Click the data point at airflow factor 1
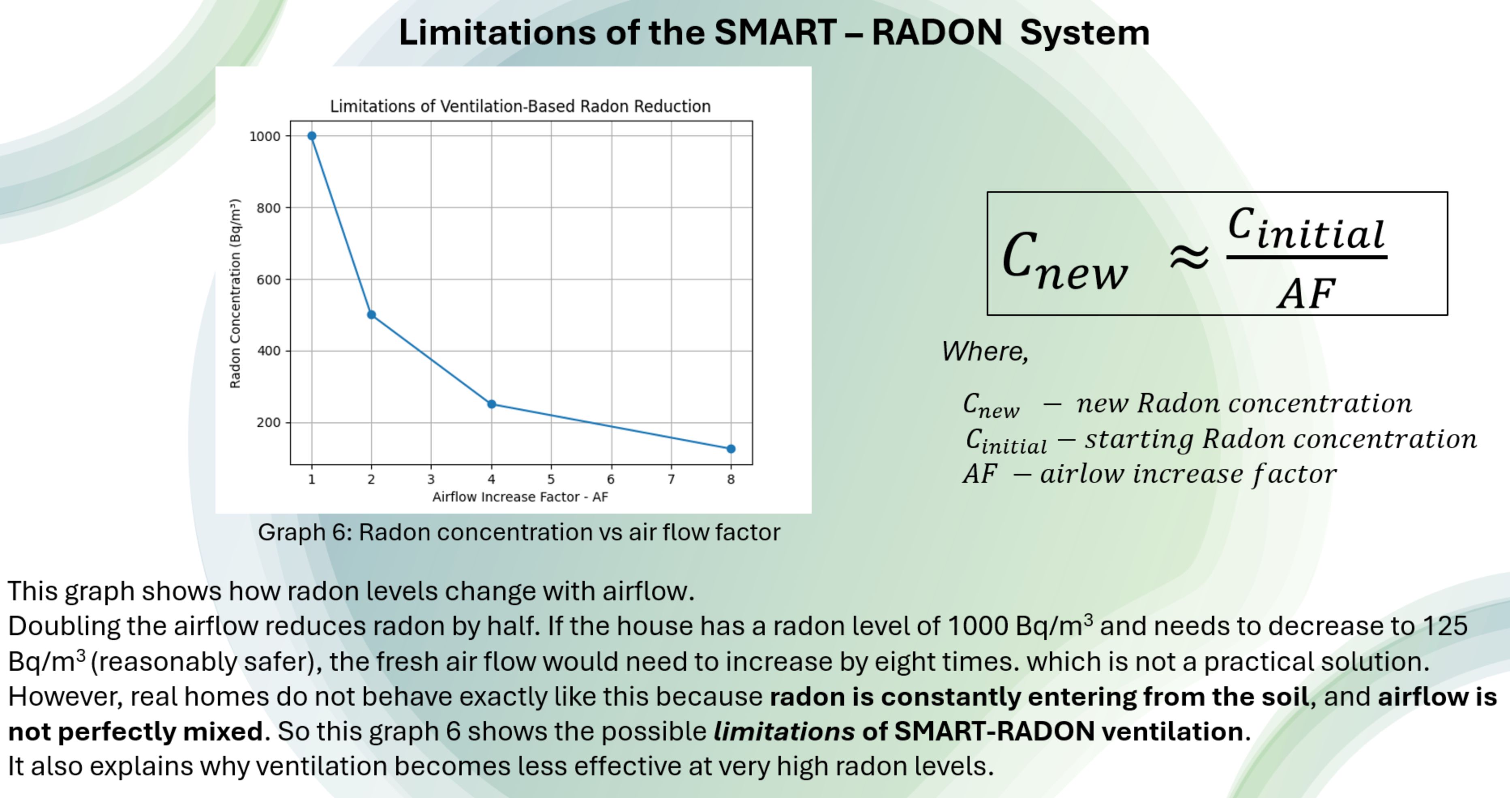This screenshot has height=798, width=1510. pyautogui.click(x=312, y=136)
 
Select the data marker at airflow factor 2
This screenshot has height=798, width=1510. pyautogui.click(x=371, y=315)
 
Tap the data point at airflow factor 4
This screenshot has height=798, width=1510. pyautogui.click(x=492, y=404)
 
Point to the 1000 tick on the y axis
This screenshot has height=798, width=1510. pyautogui.click(x=265, y=137)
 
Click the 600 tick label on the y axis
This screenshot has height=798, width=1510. pyautogui.click(x=269, y=280)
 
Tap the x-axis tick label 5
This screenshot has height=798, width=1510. pyautogui.click(x=551, y=479)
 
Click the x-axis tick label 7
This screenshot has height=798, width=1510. pyautogui.click(x=671, y=479)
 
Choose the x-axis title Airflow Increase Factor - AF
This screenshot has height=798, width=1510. pyautogui.click(x=520, y=497)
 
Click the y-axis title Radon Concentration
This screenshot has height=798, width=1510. pyautogui.click(x=235, y=293)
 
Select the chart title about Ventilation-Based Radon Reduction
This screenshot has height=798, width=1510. pyautogui.click(x=520, y=106)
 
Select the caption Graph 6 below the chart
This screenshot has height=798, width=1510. pyautogui.click(x=519, y=532)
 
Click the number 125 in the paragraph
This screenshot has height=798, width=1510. pyautogui.click(x=1445, y=626)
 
